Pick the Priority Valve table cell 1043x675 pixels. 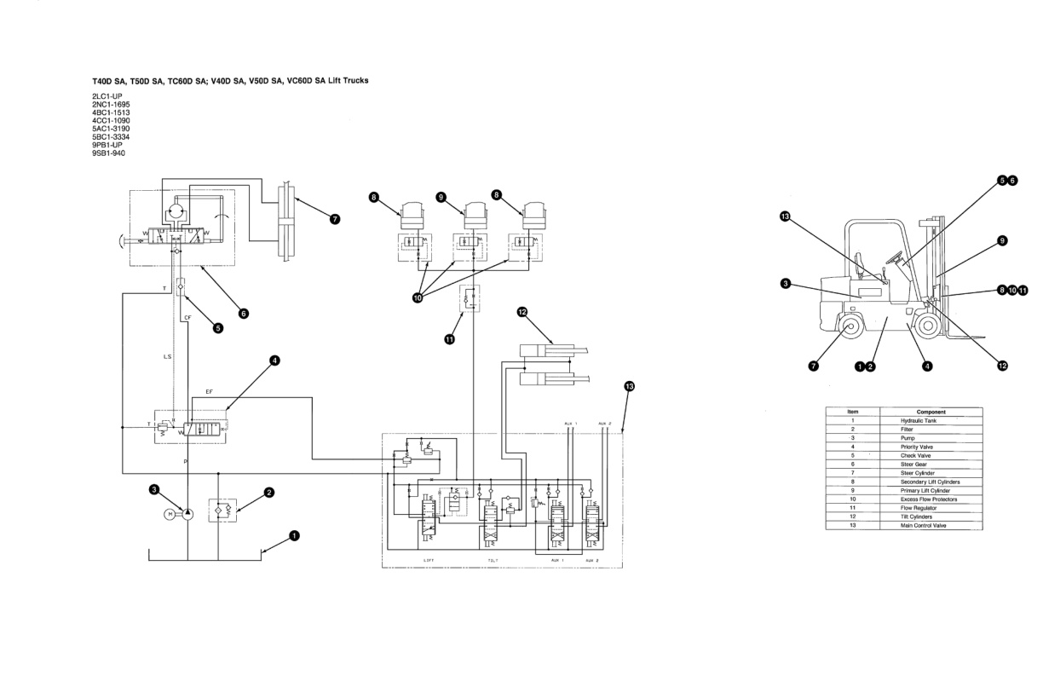coord(916,447)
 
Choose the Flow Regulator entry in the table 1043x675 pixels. coord(918,508)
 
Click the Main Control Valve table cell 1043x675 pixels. coord(921,525)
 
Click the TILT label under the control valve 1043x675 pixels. coord(493,560)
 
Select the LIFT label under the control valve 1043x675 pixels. coord(429,560)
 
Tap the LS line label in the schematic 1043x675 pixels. coord(168,356)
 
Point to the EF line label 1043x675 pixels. coord(210,392)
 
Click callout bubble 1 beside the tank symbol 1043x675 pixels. coord(295,536)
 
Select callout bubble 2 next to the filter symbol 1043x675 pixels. coord(269,492)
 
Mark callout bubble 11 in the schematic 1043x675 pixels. coord(449,339)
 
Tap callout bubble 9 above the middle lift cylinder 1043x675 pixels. coord(441,197)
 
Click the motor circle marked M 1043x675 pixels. coord(169,514)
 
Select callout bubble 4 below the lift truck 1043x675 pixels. coord(927,366)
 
